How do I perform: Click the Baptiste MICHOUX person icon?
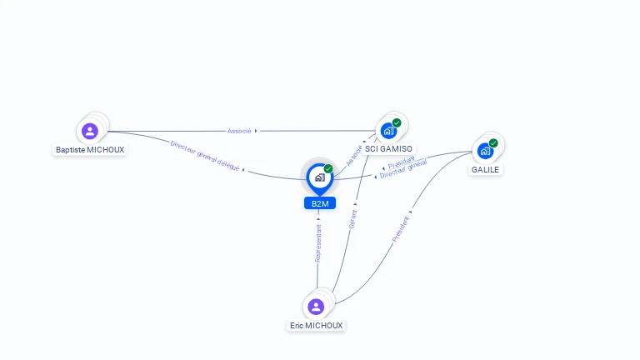pos(90,131)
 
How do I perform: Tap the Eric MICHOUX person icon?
pos(316,307)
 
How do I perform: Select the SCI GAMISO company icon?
pos(388,131)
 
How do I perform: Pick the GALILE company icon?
pos(485,151)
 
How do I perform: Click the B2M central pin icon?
pos(319,177)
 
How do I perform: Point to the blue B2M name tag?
pos(320,203)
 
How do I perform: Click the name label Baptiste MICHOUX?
pos(90,150)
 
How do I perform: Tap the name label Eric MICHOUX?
pos(316,326)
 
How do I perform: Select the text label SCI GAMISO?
pos(388,149)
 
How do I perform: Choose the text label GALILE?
pos(485,169)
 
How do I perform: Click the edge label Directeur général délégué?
pos(205,156)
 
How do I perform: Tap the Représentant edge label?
pos(318,242)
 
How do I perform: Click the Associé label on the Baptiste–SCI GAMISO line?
pos(239,131)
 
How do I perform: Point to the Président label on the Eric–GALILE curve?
pos(401,229)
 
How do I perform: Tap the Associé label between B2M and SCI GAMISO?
pos(354,155)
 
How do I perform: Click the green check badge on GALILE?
pos(493,143)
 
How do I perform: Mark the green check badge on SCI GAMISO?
pos(397,123)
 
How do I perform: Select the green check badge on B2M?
pos(328,169)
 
